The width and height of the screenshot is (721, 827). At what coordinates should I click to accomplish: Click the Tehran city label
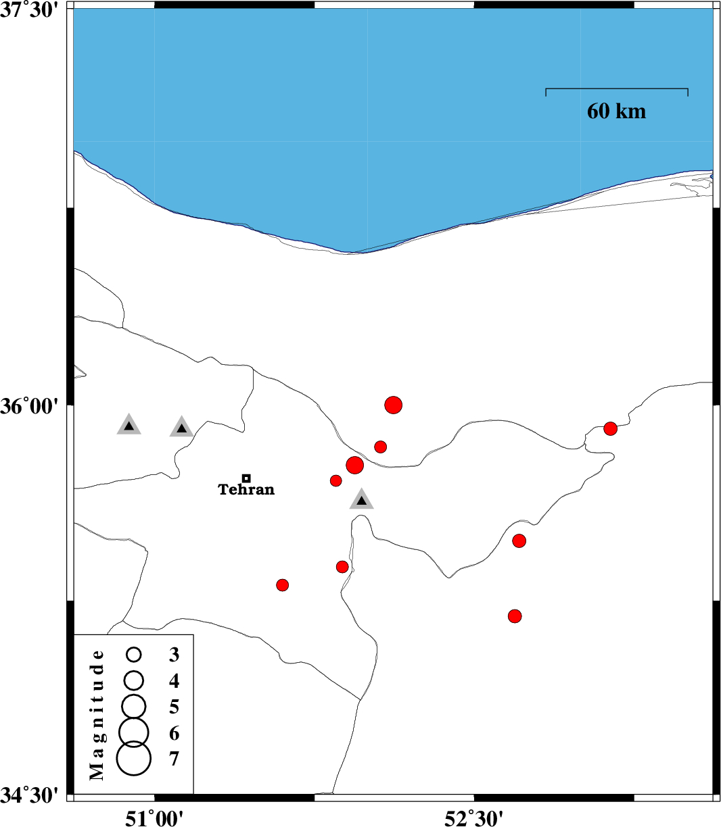pyautogui.click(x=246, y=490)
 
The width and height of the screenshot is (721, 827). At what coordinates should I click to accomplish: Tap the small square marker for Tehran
pyautogui.click(x=246, y=478)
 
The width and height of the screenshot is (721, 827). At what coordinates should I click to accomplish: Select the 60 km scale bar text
pyautogui.click(x=616, y=111)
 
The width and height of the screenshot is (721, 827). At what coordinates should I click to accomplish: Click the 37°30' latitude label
pyautogui.click(x=30, y=13)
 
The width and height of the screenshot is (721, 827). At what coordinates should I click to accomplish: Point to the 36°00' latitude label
pyautogui.click(x=30, y=406)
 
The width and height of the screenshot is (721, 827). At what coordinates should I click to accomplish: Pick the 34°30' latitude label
pyautogui.click(x=30, y=795)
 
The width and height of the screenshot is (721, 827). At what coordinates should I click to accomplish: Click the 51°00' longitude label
pyautogui.click(x=155, y=818)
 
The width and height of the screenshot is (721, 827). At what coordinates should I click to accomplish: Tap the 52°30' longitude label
pyautogui.click(x=474, y=818)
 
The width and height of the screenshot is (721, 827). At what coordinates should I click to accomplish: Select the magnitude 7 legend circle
pyautogui.click(x=134, y=758)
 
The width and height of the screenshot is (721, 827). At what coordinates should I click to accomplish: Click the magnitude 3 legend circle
pyautogui.click(x=134, y=654)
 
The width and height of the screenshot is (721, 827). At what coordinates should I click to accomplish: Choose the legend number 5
pyautogui.click(x=174, y=707)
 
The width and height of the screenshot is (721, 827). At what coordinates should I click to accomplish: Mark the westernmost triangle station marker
pyautogui.click(x=129, y=425)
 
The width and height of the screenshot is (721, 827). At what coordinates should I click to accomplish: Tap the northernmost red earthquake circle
pyautogui.click(x=394, y=405)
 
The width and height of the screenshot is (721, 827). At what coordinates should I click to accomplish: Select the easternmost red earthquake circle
pyautogui.click(x=610, y=428)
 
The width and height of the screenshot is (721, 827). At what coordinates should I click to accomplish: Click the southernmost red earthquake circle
pyautogui.click(x=515, y=616)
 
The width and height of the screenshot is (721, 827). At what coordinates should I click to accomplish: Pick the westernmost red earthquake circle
pyautogui.click(x=283, y=584)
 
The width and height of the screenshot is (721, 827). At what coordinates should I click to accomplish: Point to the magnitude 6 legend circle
pyautogui.click(x=134, y=730)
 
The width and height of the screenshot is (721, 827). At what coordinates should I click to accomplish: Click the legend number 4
pyautogui.click(x=174, y=680)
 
